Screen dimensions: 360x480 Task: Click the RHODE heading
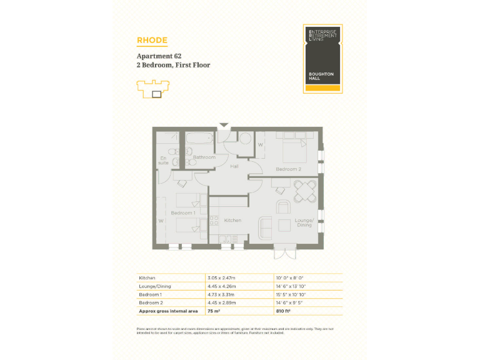(x=152, y=41)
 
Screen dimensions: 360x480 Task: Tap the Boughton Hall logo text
(x=321, y=76)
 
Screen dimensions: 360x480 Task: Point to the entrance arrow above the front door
(x=223, y=126)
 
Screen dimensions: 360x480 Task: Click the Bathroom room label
(x=204, y=157)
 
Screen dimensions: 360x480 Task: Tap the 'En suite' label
(x=163, y=160)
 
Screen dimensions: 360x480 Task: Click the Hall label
(x=234, y=167)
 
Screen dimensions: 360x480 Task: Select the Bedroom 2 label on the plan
(x=289, y=169)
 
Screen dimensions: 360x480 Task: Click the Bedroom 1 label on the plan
(x=184, y=213)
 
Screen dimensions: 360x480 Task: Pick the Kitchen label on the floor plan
(x=232, y=221)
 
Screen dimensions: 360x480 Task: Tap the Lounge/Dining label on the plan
(x=304, y=222)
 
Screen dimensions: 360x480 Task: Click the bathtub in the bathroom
(x=199, y=137)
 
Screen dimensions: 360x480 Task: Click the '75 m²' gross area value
(x=214, y=310)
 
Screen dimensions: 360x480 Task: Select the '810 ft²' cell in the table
(x=284, y=310)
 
